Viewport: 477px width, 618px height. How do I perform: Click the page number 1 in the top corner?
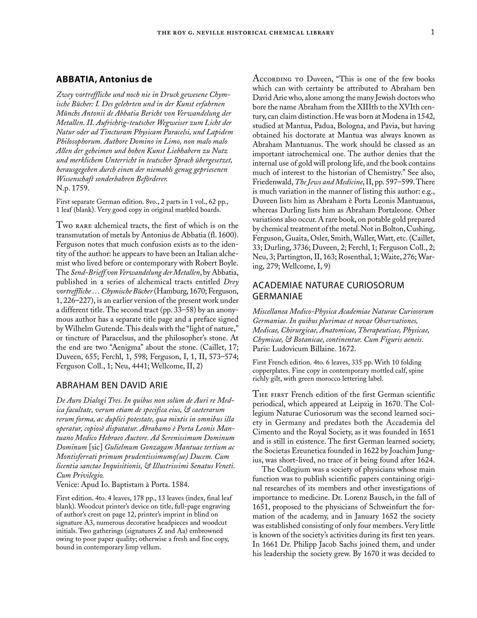[x=432, y=32]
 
